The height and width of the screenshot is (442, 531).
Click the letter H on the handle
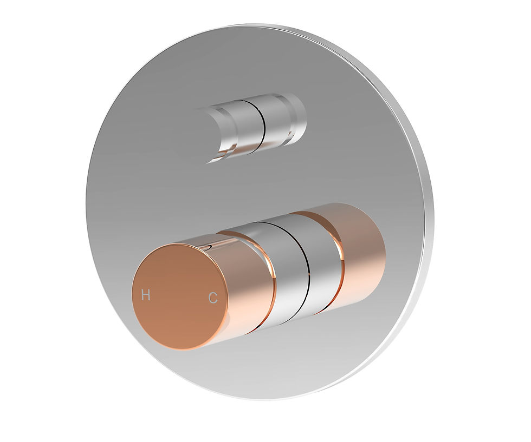(x=145, y=295)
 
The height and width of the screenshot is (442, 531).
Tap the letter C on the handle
(x=213, y=298)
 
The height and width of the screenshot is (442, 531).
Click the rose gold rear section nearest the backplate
(x=360, y=249)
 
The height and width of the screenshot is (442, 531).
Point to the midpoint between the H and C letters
(x=179, y=296)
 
